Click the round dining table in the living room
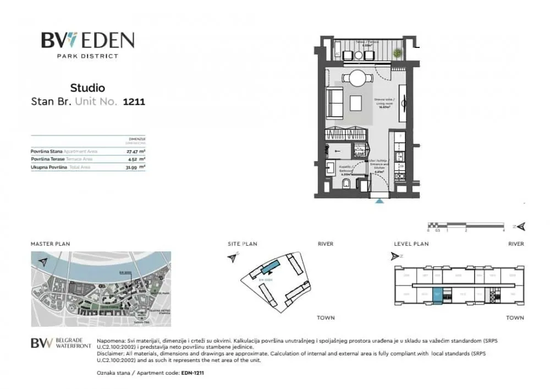tap(357, 78)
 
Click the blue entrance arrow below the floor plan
tap(379, 201)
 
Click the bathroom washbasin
tap(332, 169)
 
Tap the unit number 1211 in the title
tap(134, 101)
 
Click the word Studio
tap(87, 88)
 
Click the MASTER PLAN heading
tap(50, 244)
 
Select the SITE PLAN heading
tap(243, 244)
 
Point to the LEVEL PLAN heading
tap(411, 244)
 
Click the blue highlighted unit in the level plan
tap(438, 295)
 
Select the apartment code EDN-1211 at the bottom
tap(193, 373)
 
